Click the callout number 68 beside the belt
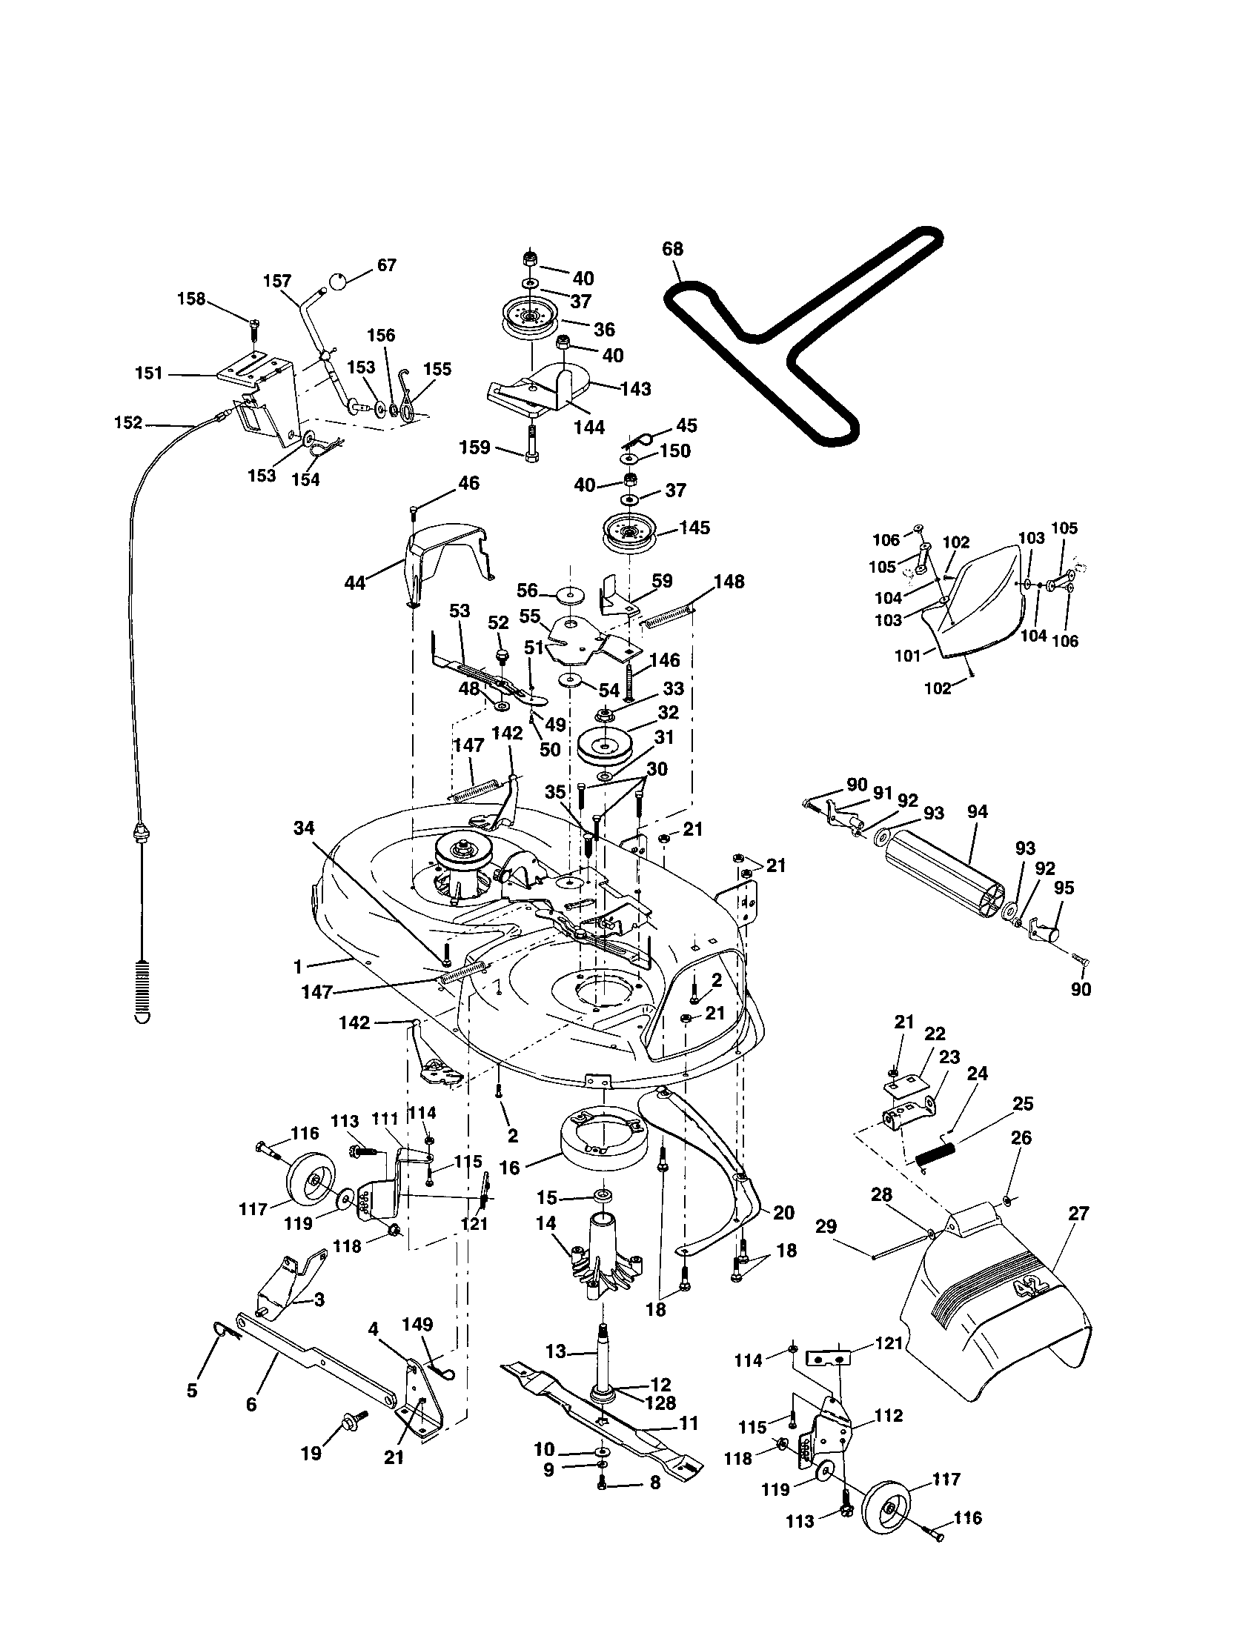[672, 248]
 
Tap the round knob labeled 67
[338, 282]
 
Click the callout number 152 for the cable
[128, 422]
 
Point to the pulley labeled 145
[628, 533]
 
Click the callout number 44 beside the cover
[354, 583]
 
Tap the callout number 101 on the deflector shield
[909, 656]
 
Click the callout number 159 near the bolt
[475, 447]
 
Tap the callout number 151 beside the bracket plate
[149, 373]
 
